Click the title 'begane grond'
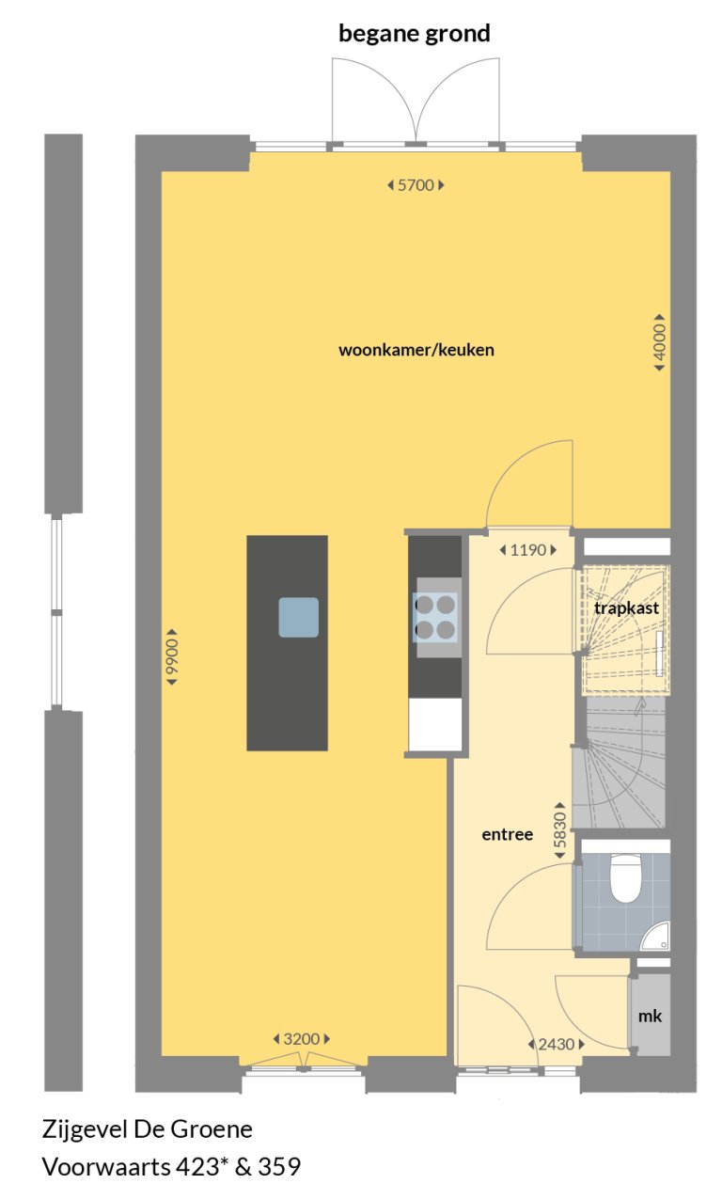[x=415, y=35]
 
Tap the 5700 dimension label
[x=416, y=185]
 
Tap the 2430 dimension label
[x=555, y=1044]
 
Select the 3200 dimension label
[x=302, y=1039]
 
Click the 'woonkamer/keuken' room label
[x=416, y=350]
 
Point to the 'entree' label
[x=508, y=834]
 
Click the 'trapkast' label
[x=626, y=608]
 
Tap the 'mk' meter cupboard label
[x=650, y=1016]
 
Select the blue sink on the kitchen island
[x=298, y=617]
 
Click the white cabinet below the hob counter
[x=435, y=724]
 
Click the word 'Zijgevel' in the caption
[x=81, y=1128]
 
